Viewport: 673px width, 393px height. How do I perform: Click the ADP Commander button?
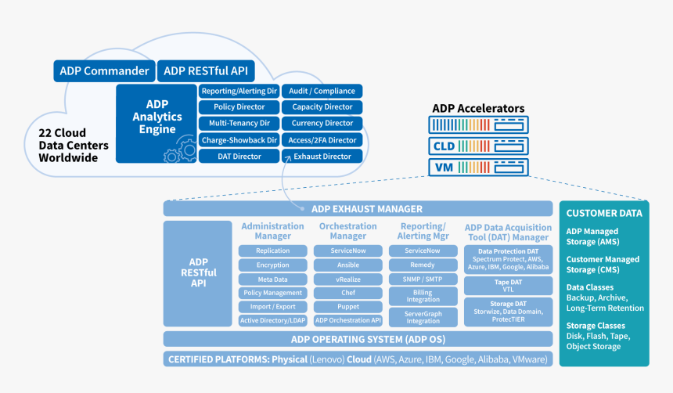click(x=104, y=71)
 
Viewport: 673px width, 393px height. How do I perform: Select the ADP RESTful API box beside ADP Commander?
click(x=206, y=71)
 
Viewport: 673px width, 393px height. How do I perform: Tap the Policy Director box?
click(x=238, y=107)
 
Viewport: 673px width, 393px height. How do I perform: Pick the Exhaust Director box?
click(x=322, y=157)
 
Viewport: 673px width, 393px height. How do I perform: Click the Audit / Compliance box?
click(x=322, y=91)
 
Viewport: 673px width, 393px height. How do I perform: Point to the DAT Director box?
click(x=238, y=157)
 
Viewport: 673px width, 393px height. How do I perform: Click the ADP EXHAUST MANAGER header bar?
click(x=357, y=209)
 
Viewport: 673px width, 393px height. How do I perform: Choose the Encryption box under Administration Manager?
click(x=272, y=265)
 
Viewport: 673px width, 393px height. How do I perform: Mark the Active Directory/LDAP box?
click(x=272, y=321)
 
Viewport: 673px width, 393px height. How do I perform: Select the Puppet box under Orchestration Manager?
click(x=347, y=307)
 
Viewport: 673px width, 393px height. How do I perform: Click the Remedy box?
click(x=423, y=265)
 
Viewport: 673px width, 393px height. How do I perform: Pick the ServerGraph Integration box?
click(x=423, y=317)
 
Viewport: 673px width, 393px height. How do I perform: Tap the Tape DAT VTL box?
click(x=508, y=284)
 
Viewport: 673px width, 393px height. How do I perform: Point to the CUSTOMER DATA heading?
click(x=604, y=213)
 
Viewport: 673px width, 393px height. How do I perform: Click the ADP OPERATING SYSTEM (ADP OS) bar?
click(x=357, y=339)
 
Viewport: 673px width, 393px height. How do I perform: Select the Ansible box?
click(x=347, y=265)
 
